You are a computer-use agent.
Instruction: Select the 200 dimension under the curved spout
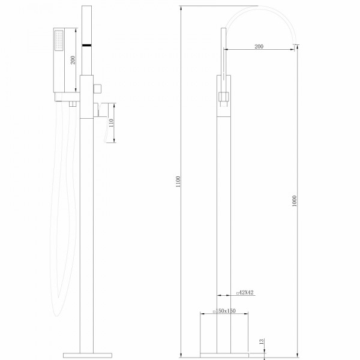pos(259,46)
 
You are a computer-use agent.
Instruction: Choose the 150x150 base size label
pos(226,311)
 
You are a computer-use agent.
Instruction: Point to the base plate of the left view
pos(87,350)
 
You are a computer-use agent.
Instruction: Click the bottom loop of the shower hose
pos(57,312)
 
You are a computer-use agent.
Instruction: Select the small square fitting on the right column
pos(224,95)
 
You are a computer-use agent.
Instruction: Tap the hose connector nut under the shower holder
pos(71,104)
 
